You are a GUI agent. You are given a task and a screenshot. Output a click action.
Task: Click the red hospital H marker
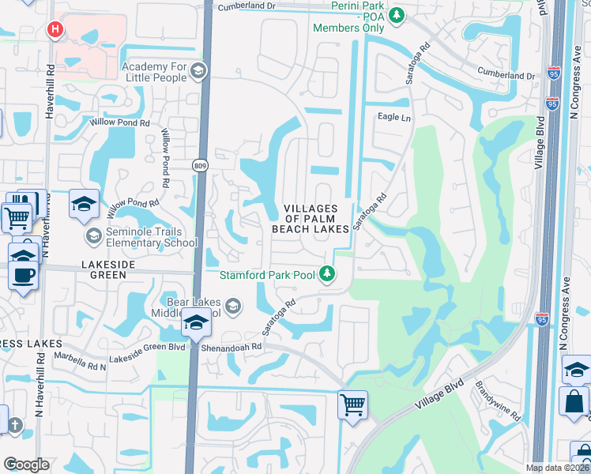click(x=55, y=30)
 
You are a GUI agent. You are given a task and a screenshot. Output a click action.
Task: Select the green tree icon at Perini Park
click(x=397, y=14)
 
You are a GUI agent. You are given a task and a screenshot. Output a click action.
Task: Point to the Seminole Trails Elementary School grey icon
click(x=94, y=236)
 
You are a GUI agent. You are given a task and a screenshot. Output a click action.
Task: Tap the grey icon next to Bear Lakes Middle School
click(x=233, y=305)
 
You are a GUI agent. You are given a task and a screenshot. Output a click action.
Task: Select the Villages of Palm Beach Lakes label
click(x=311, y=219)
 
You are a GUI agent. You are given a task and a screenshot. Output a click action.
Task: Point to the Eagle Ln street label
click(x=395, y=118)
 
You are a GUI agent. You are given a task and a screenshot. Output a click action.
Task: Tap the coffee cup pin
click(x=22, y=275)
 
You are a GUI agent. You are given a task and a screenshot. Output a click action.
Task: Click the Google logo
click(x=26, y=465)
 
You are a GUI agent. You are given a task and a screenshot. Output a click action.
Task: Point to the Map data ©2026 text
click(x=558, y=468)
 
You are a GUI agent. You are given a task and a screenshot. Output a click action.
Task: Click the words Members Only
click(x=348, y=28)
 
